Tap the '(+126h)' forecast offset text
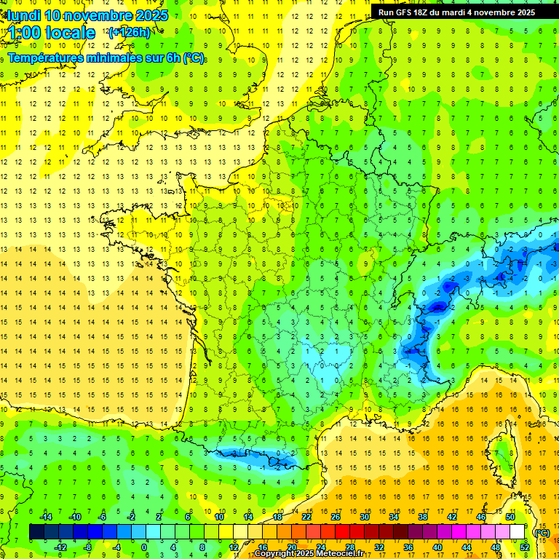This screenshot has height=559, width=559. (129, 32)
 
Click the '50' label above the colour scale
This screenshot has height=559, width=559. (510, 517)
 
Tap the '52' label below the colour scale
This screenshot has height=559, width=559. (524, 547)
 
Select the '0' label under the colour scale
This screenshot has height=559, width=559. (145, 547)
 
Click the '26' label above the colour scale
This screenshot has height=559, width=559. (335, 517)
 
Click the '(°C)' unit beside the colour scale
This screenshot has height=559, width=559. (542, 532)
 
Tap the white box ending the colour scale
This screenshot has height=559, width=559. (518, 532)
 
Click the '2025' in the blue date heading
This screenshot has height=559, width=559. (151, 15)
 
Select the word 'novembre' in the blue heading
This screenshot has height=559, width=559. (98, 15)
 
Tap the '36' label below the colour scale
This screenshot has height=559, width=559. (408, 547)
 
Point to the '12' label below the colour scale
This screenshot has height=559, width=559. (233, 547)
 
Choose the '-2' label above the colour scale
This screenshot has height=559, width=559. (132, 517)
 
